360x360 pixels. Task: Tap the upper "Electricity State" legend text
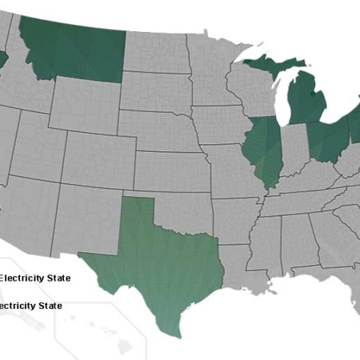pyautogui.click(x=35, y=278)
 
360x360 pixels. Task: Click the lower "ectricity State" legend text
pyautogui.click(x=31, y=306)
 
